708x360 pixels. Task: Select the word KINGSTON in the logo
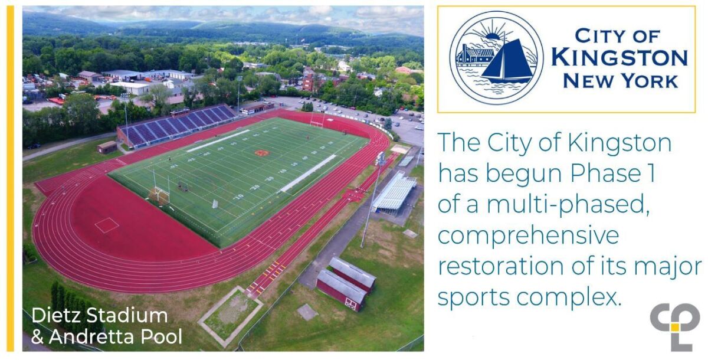[x=619, y=58]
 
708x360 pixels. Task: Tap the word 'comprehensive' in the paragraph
[x=527, y=235]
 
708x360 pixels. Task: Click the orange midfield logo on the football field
[x=261, y=153]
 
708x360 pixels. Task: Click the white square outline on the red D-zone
[x=106, y=225]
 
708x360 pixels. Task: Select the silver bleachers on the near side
[x=394, y=191]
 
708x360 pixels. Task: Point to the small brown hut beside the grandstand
[x=107, y=147]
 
